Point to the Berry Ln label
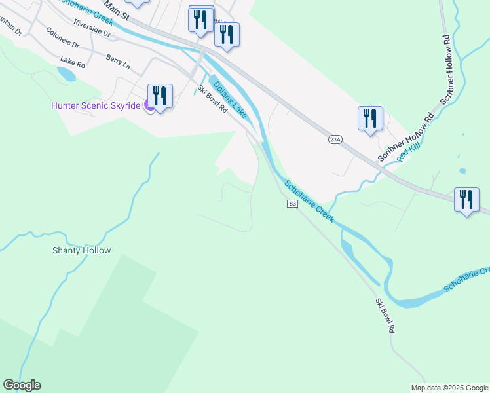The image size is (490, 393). (x=118, y=62)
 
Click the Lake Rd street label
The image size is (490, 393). (x=73, y=62)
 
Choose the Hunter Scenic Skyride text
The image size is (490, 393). (x=96, y=105)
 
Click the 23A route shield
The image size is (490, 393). (x=335, y=140)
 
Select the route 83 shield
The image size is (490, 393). (x=292, y=204)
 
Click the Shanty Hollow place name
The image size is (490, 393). (x=81, y=250)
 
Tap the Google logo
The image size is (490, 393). (x=22, y=385)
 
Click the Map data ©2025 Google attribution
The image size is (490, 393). (x=449, y=388)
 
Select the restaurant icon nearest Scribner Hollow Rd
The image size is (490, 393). (x=370, y=119)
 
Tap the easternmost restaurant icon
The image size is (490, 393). (x=466, y=200)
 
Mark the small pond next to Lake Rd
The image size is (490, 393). (x=66, y=74)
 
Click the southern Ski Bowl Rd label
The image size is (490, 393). (x=385, y=316)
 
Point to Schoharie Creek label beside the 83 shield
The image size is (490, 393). (x=310, y=199)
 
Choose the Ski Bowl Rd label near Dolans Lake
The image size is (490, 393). (x=212, y=99)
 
